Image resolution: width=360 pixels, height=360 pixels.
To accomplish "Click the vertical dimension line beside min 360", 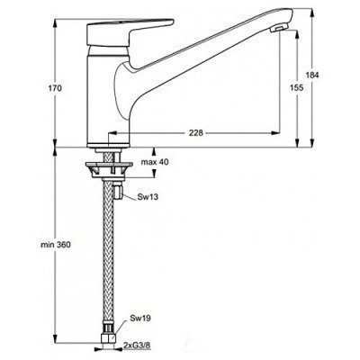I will [54, 243].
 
